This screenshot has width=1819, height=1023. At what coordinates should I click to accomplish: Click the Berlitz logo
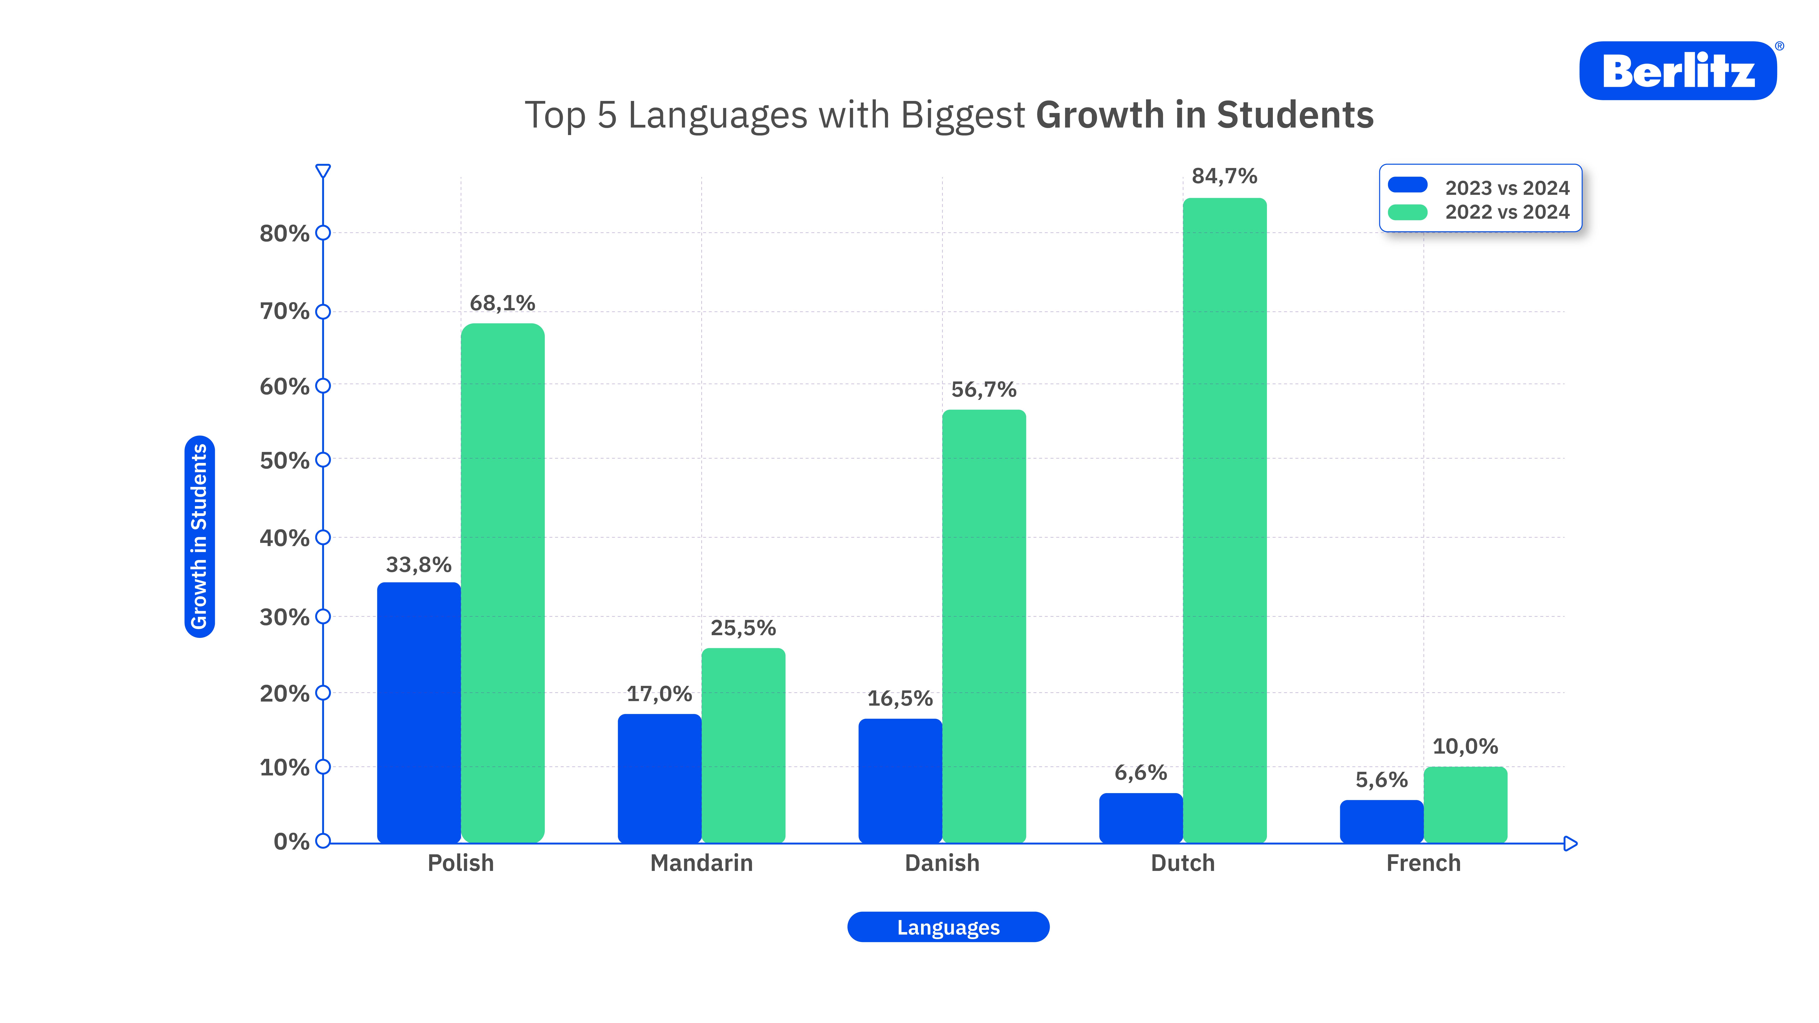click(1678, 71)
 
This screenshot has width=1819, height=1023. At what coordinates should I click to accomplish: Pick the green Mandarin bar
click(743, 745)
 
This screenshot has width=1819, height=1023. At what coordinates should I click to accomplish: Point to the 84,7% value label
click(1224, 176)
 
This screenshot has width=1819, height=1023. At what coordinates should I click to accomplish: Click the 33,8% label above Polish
click(419, 565)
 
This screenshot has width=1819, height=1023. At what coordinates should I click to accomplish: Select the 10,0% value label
click(1465, 746)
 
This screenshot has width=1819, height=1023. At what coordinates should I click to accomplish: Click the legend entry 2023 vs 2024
click(1507, 188)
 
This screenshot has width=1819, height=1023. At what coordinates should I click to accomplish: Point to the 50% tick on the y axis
click(323, 460)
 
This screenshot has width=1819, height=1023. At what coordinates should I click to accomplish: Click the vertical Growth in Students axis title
click(199, 537)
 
